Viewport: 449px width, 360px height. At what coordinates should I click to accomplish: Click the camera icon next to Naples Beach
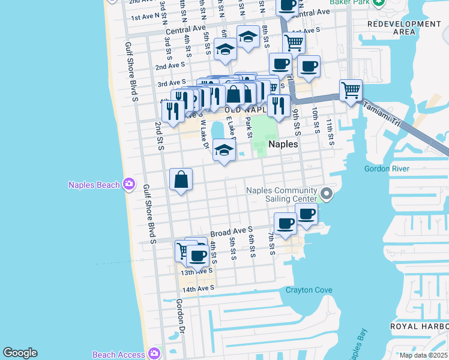pos(129,184)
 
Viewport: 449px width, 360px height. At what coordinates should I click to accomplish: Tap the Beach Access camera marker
pos(155,354)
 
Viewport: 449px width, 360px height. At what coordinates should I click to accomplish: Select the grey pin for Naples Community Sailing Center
pos(326,193)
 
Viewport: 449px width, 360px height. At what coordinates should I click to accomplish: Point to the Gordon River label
pos(387,169)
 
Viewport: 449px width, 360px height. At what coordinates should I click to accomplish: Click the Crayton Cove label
pos(309,290)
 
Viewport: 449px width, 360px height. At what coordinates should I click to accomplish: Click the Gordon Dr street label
pos(179,315)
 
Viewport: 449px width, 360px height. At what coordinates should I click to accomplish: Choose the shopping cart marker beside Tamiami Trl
pos(351,91)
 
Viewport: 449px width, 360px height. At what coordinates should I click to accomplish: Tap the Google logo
pos(20,353)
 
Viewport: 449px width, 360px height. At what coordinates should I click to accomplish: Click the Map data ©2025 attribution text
pos(423,355)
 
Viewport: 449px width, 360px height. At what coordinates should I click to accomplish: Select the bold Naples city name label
pos(283,144)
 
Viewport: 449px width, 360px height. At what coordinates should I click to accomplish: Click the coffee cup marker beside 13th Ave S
pos(197,256)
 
